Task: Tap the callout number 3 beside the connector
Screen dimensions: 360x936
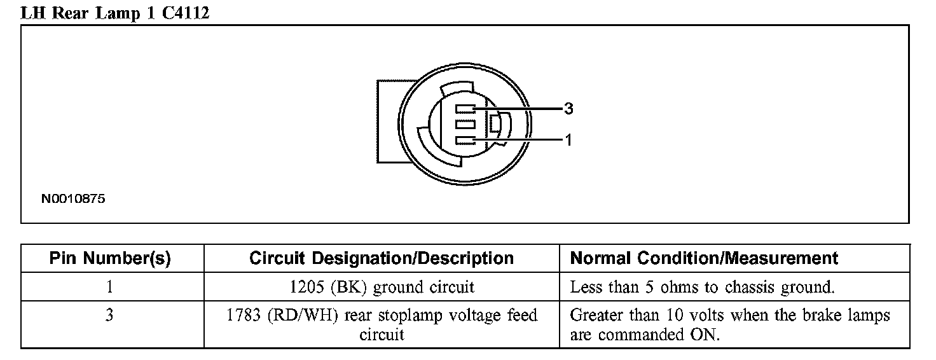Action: [x=568, y=109]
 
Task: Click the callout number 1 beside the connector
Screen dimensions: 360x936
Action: [x=568, y=140]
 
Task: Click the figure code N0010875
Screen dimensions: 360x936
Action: [x=73, y=199]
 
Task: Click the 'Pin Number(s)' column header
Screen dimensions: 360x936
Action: [x=110, y=258]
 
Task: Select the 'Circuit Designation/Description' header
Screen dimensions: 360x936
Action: [x=382, y=258]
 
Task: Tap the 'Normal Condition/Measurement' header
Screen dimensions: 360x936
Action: [x=704, y=258]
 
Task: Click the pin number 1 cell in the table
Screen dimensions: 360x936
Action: [x=110, y=287]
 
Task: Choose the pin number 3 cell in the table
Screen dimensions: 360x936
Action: [x=110, y=315]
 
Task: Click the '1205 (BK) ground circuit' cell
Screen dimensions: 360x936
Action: [x=382, y=287]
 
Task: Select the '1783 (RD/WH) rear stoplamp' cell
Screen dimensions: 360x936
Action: [x=382, y=324]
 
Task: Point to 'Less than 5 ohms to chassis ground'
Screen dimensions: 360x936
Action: [x=702, y=287]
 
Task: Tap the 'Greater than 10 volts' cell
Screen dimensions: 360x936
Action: [x=730, y=324]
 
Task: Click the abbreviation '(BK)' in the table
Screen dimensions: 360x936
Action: [x=349, y=287]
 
